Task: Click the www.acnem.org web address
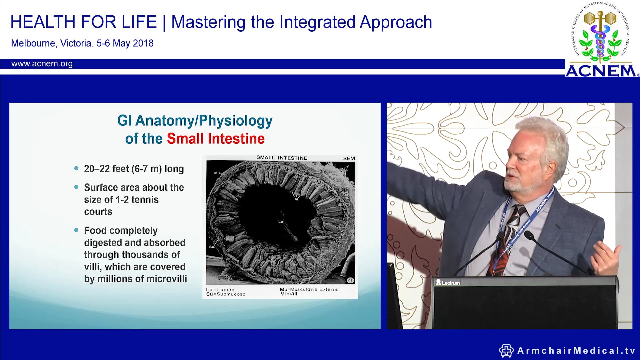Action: point(42,64)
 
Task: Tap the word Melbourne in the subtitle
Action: point(33,43)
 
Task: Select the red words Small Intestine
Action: point(216,139)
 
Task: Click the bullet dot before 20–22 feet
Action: point(76,168)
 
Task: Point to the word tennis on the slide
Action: point(145,200)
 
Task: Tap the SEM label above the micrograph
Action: point(349,158)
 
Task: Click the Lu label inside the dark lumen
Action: point(280,221)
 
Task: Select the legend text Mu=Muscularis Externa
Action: point(309,289)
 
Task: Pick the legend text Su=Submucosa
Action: point(226,294)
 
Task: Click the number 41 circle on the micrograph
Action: point(350,280)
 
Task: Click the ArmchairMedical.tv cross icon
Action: point(506,351)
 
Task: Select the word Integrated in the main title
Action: point(317,22)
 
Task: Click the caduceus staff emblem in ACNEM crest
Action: point(600,37)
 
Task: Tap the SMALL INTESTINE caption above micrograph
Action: point(282,158)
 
